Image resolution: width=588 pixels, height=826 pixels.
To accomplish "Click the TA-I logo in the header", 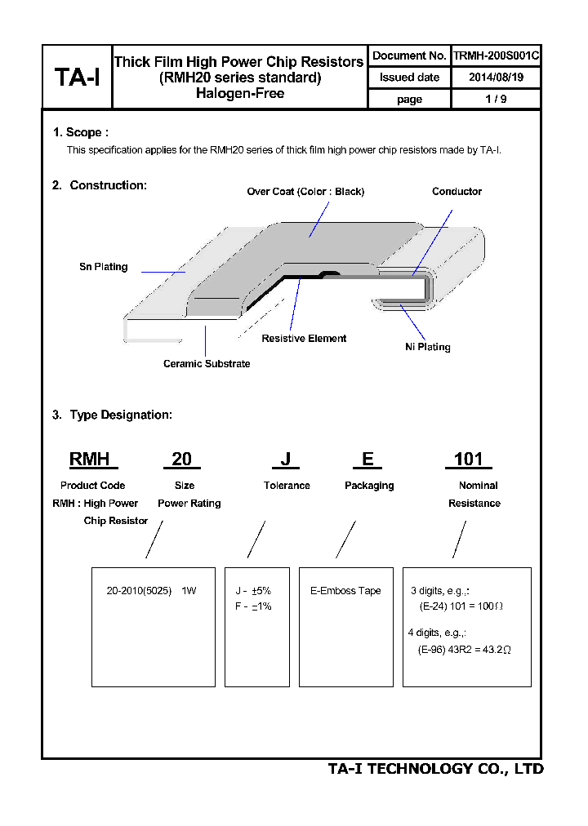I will [x=77, y=78].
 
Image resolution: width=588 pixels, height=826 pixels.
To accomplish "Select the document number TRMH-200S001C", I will [x=496, y=56].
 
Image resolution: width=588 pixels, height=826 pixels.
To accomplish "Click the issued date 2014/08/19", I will [x=496, y=78].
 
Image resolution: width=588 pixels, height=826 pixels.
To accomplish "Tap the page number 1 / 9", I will [x=496, y=99].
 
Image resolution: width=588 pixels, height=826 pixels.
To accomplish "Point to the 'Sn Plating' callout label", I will [x=103, y=267].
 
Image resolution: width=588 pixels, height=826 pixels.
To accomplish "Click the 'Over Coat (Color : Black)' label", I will [x=305, y=192].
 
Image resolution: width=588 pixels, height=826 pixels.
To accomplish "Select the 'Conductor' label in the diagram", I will [x=457, y=192].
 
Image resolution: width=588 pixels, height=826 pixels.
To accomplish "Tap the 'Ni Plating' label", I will [x=427, y=347].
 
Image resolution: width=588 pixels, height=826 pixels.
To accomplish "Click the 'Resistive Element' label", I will [x=304, y=338].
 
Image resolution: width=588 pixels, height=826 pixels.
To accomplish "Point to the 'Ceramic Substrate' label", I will [x=207, y=363].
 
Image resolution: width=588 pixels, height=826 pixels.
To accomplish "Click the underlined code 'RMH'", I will [x=90, y=460].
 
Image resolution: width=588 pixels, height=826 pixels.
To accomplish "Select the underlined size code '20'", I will [x=181, y=460].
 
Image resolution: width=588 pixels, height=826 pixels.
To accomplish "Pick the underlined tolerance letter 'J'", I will [x=286, y=460].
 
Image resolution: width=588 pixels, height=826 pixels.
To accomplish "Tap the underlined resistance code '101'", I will [x=468, y=460].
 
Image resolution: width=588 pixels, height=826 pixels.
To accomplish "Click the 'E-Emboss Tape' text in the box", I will [x=345, y=591].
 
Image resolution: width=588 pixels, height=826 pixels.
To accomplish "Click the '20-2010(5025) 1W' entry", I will [x=152, y=591].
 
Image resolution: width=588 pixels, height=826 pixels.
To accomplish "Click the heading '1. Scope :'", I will [x=81, y=132].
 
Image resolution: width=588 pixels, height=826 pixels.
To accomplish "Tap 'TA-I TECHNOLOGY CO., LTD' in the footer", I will [x=435, y=769].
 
